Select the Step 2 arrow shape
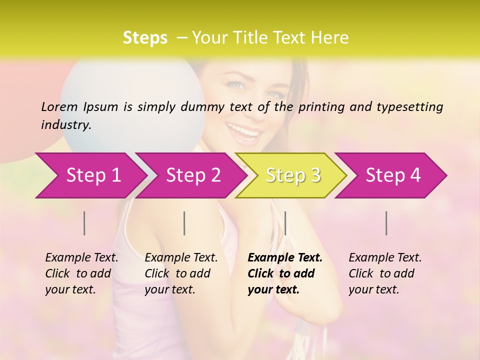pyautogui.click(x=193, y=175)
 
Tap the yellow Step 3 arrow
pyautogui.click(x=293, y=175)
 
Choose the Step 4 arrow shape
pyautogui.click(x=393, y=175)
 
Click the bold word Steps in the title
pyautogui.click(x=145, y=37)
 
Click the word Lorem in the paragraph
pyautogui.click(x=59, y=106)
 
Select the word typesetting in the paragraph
pyautogui.click(x=409, y=106)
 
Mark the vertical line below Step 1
pyautogui.click(x=84, y=223)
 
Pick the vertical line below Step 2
pyautogui.click(x=184, y=223)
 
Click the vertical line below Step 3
pyautogui.click(x=285, y=223)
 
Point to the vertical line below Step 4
pyautogui.click(x=386, y=223)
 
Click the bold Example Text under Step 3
pyautogui.click(x=285, y=258)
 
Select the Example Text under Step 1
pyautogui.click(x=81, y=258)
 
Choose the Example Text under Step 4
pyautogui.click(x=385, y=258)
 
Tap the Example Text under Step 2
pyautogui.click(x=181, y=258)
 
